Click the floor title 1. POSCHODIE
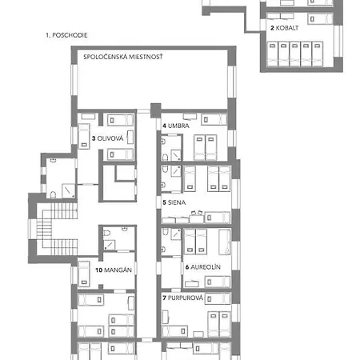(x=66, y=35)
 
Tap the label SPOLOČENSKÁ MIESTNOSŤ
(x=123, y=57)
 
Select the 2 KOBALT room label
(x=284, y=28)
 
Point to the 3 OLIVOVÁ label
(x=108, y=138)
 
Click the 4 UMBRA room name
(x=176, y=126)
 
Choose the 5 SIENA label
(x=174, y=202)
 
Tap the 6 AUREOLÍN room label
(x=203, y=267)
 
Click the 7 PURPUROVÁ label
(x=183, y=298)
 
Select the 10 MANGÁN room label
(x=114, y=270)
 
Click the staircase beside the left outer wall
(x=57, y=229)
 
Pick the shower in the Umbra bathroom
(x=176, y=155)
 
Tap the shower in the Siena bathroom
(x=176, y=171)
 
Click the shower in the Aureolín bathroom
(x=176, y=234)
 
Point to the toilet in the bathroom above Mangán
(x=106, y=233)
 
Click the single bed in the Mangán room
(x=84, y=274)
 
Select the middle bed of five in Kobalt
(x=295, y=54)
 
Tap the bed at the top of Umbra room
(x=214, y=119)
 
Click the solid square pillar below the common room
(x=156, y=110)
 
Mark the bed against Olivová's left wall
(x=84, y=136)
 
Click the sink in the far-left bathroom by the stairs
(x=54, y=160)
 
